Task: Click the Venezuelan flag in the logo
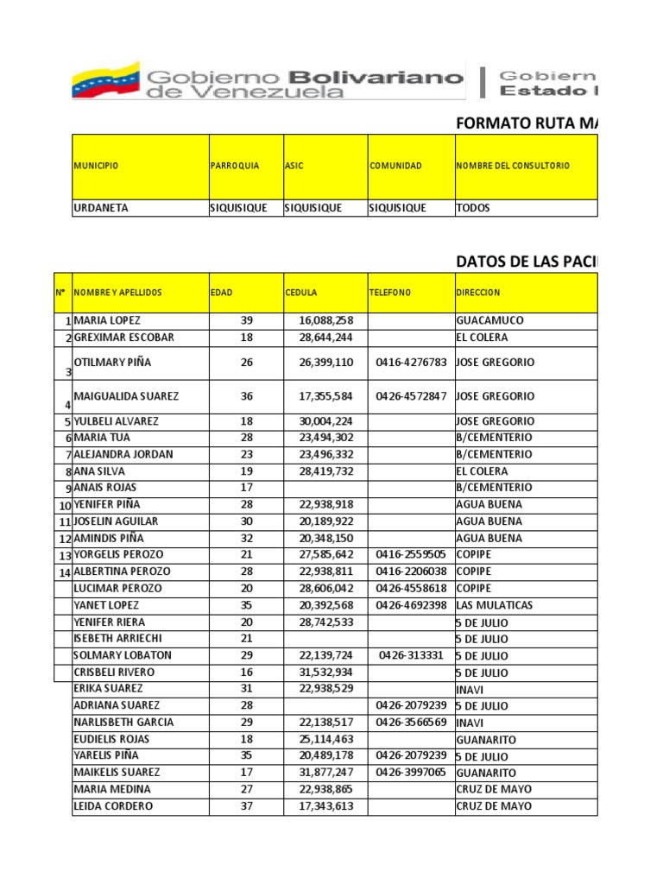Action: (x=104, y=80)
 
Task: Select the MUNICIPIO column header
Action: (x=96, y=166)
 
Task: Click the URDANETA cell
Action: (x=102, y=208)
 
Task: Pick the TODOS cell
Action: (x=473, y=208)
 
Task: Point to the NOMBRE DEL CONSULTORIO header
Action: (x=514, y=166)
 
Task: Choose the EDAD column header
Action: (x=222, y=293)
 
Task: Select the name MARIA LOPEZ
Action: (x=107, y=320)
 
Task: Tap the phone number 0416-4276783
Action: (x=411, y=363)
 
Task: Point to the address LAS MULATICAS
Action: (x=495, y=605)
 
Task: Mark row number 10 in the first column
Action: (x=64, y=506)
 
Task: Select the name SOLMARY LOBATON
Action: (x=123, y=655)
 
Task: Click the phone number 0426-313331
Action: (x=411, y=655)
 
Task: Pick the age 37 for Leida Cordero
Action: (x=247, y=806)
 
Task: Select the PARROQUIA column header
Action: (x=235, y=166)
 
